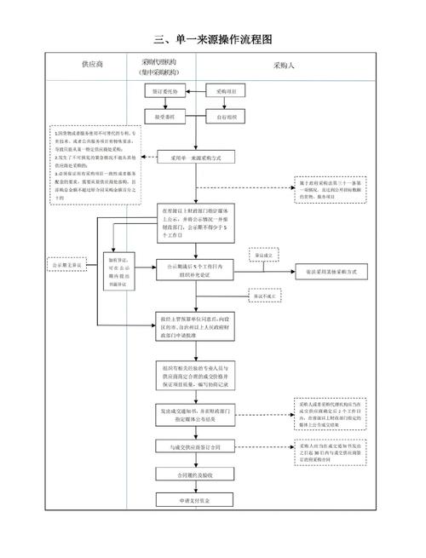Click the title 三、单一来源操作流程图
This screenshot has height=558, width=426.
212,39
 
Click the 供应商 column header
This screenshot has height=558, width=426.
93,64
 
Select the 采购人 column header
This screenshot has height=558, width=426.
283,64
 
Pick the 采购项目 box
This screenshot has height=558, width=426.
227,89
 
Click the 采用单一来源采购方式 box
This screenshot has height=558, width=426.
195,159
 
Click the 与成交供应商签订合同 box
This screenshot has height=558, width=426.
195,446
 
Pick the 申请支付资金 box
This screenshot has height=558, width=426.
195,502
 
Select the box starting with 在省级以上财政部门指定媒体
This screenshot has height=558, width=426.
195,223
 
